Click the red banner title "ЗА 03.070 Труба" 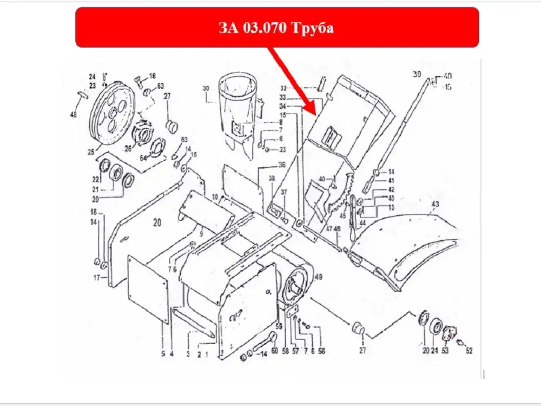[x=276, y=28]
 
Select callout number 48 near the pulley [x=74, y=115]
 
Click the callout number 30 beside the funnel [x=206, y=88]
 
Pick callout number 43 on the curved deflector [x=434, y=204]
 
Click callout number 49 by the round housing [x=318, y=277]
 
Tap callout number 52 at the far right [x=469, y=351]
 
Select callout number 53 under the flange [x=445, y=351]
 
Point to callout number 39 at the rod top [x=416, y=74]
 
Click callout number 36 [x=281, y=165]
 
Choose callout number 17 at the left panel [x=96, y=278]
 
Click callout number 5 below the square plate [x=163, y=354]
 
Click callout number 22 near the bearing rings [x=95, y=179]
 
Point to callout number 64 [x=143, y=158]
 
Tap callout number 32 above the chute [x=298, y=88]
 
